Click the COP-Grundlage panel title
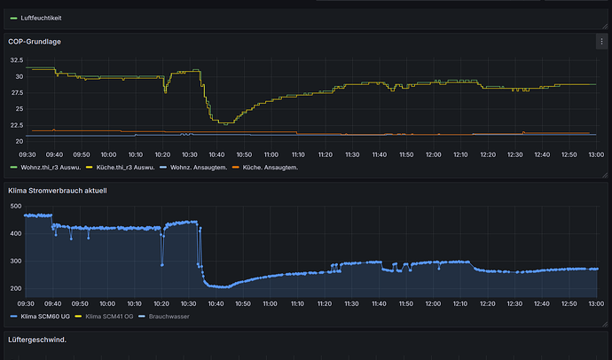tap(35, 42)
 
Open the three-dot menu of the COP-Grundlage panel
tap(601, 42)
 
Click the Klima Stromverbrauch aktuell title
tap(58, 191)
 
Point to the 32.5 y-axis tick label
tap(17, 60)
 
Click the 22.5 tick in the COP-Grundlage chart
tap(17, 125)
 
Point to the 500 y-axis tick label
tap(16, 206)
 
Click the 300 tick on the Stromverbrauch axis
tap(16, 261)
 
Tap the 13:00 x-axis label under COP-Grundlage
tap(596, 155)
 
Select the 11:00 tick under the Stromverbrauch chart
tap(270, 304)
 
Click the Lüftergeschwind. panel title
tap(37, 340)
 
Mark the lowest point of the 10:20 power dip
tap(162, 265)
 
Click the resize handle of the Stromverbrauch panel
tap(605, 325)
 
